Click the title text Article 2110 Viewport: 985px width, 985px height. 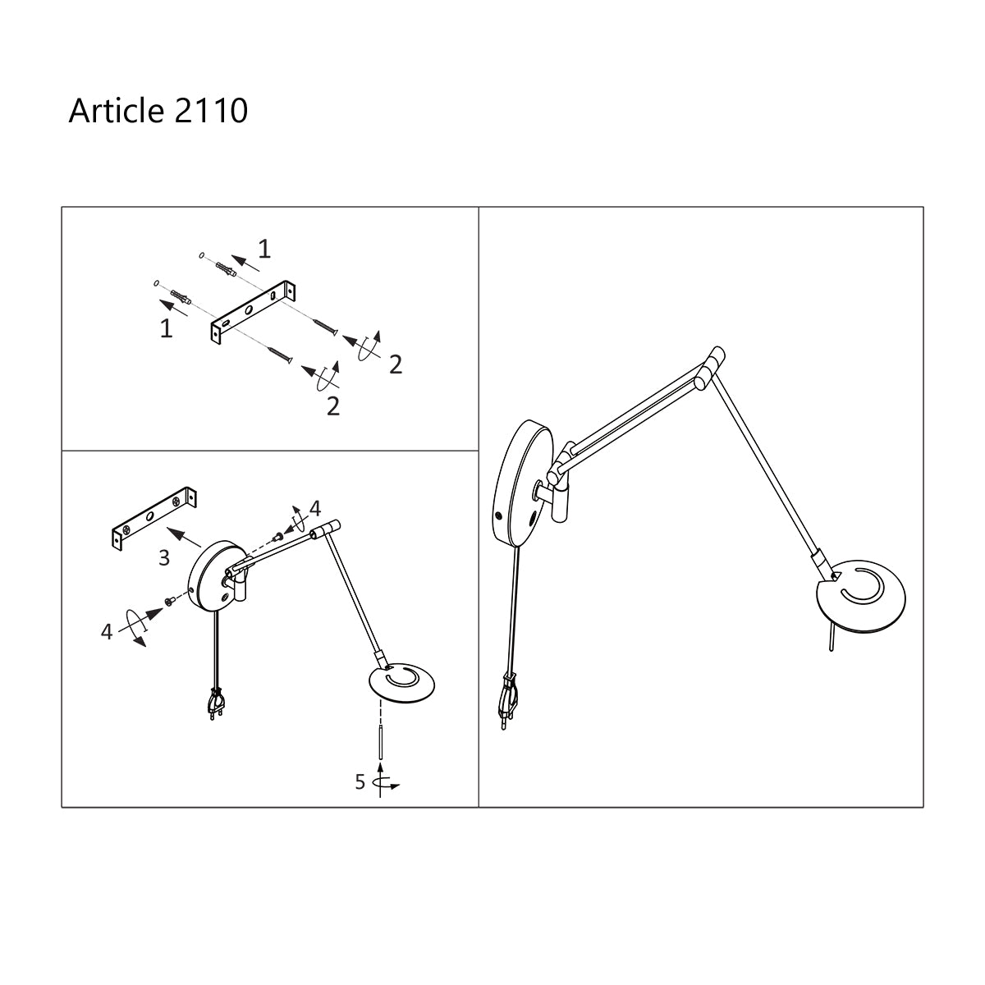point(158,110)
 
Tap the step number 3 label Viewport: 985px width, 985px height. point(164,558)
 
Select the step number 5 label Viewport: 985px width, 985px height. point(360,781)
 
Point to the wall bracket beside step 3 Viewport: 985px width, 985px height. point(153,519)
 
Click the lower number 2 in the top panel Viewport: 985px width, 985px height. point(332,405)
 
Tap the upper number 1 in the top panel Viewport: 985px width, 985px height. point(263,247)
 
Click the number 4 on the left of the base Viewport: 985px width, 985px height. point(106,632)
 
